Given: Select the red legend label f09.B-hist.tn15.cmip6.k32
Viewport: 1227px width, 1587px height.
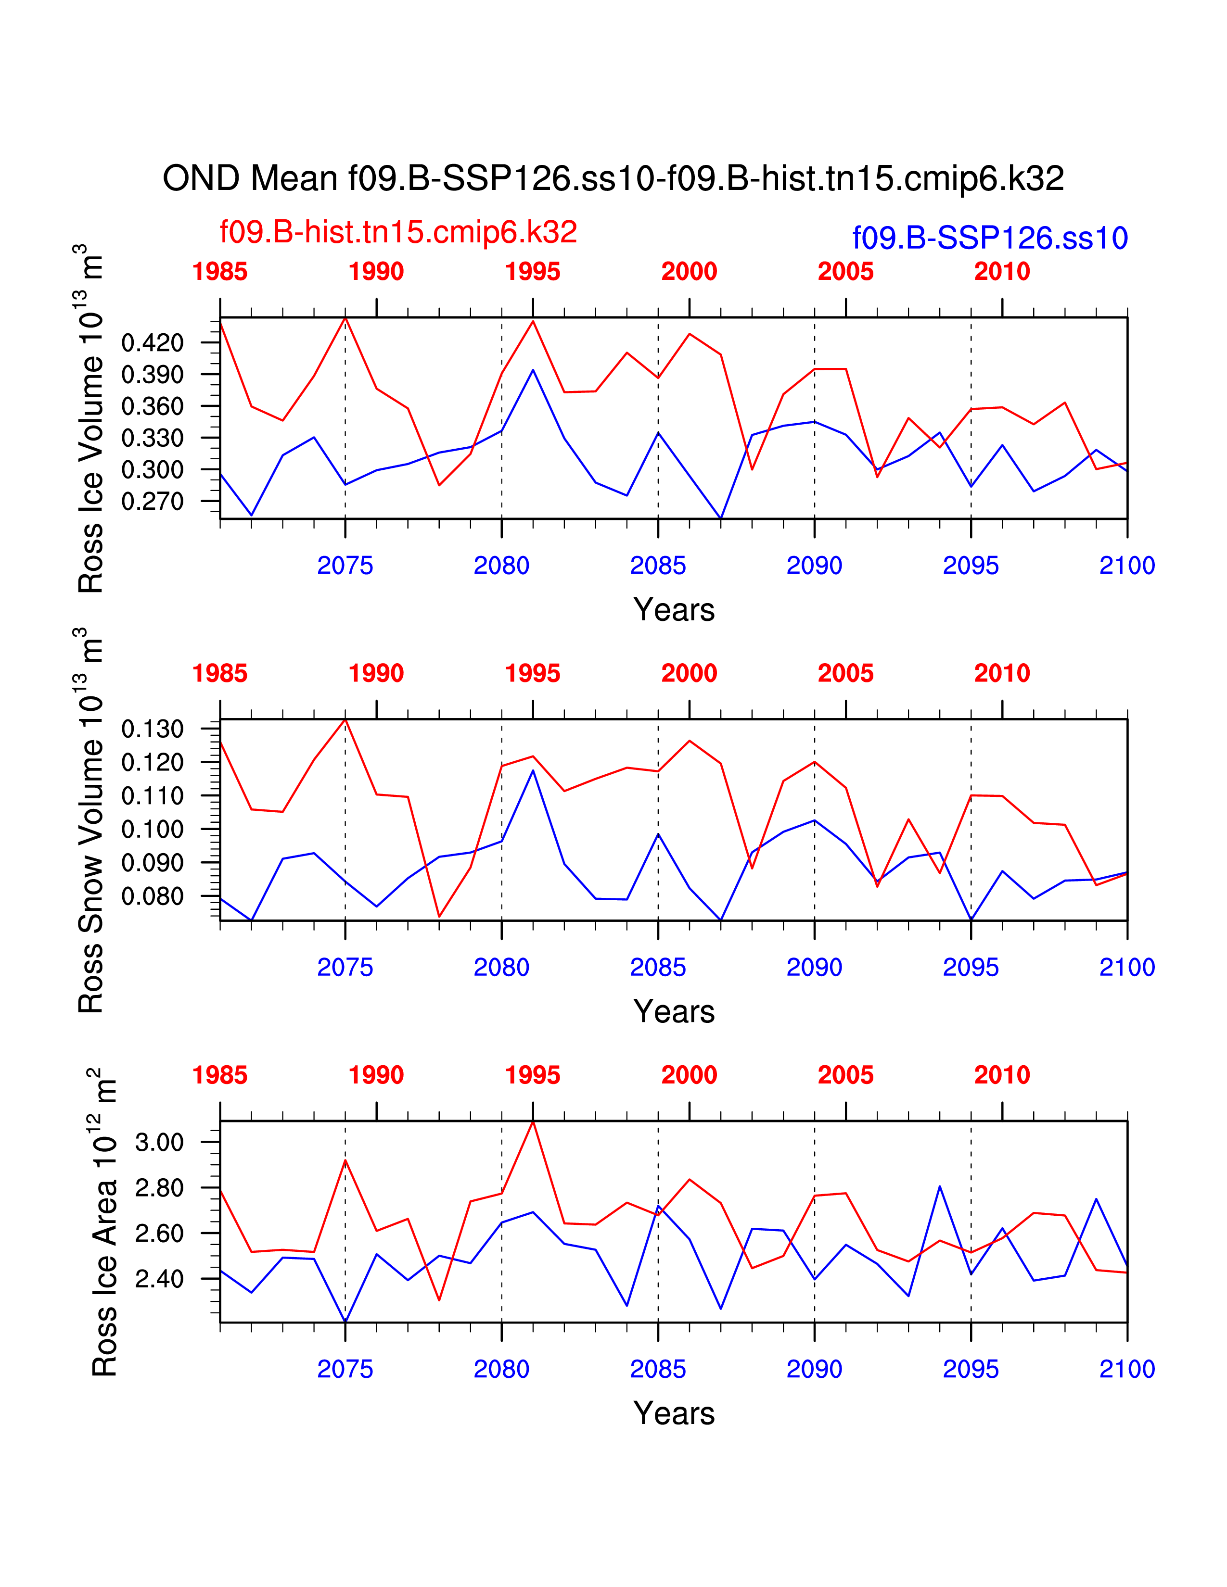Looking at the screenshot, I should click(x=398, y=232).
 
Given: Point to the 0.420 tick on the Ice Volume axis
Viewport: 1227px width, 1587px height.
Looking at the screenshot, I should click(x=153, y=342).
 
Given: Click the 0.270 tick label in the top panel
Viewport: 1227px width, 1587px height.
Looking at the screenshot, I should click(x=153, y=502).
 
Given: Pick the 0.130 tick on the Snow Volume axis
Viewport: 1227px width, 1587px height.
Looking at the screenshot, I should click(x=153, y=729).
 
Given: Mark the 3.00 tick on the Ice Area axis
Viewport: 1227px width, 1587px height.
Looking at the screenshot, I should click(x=160, y=1142).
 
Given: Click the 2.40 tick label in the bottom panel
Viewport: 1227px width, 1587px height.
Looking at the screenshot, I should click(x=160, y=1279).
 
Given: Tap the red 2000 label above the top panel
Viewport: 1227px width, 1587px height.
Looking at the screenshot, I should click(x=689, y=272).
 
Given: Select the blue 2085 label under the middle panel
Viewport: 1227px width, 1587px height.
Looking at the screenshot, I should click(x=658, y=967).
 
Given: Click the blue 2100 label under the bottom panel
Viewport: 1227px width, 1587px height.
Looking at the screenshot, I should click(x=1127, y=1369).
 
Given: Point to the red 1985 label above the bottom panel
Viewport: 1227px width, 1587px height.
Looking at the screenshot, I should click(x=219, y=1075).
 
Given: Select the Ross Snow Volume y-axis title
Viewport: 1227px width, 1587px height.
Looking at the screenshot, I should click(x=91, y=821).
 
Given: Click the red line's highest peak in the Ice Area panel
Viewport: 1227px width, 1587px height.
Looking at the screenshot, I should click(x=533, y=1122).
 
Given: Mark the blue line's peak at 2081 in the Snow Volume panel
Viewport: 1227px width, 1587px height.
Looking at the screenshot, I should click(x=533, y=770).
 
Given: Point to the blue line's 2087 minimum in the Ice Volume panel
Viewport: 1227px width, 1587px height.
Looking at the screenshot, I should click(x=720, y=518).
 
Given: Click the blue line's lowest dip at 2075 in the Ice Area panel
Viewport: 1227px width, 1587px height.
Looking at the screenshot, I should click(x=345, y=1321).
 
